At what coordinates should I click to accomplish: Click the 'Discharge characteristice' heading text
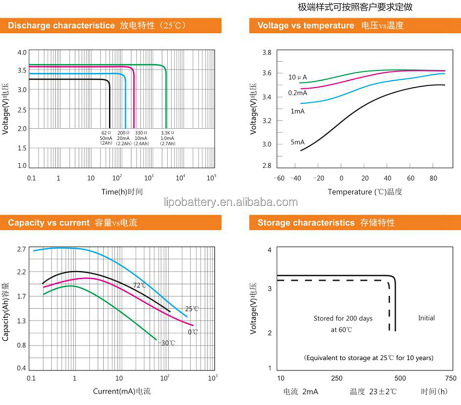(61, 25)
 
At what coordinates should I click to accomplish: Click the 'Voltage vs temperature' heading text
(306, 25)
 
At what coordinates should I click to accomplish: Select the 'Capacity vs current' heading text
(48, 223)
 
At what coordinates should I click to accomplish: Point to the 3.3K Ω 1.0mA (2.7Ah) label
(167, 138)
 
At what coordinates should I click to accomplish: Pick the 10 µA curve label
(298, 77)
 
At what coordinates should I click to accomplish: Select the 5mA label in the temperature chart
(297, 142)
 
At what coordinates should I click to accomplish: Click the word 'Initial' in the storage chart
(426, 318)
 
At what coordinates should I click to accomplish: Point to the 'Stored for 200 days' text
(343, 318)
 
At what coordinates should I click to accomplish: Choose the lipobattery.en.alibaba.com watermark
(230, 202)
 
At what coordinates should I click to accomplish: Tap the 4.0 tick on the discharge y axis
(22, 53)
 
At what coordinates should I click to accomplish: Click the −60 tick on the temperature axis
(279, 179)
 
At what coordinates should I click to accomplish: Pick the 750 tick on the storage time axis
(451, 378)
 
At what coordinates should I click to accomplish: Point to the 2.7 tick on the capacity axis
(21, 250)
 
